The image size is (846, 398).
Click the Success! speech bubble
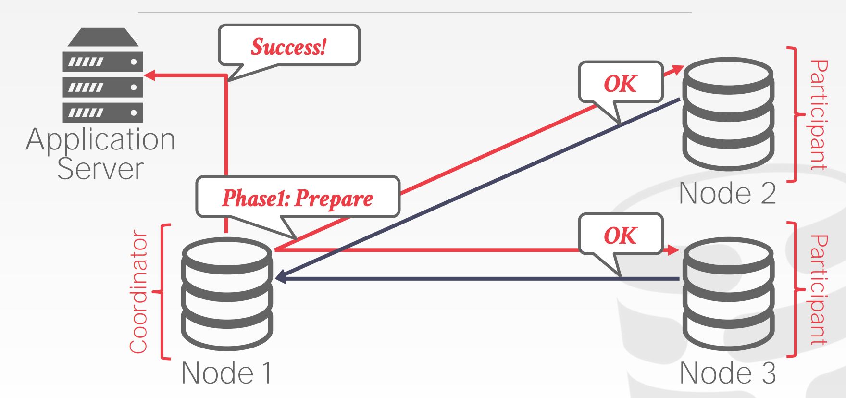289,45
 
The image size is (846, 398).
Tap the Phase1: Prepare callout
298,197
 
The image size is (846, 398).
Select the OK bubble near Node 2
621,82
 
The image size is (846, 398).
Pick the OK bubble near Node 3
621,234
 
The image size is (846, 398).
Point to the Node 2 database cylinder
728,114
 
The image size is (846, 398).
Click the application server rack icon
103,75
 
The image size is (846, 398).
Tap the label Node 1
226,373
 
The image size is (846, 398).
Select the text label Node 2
727,193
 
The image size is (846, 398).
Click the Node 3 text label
727,373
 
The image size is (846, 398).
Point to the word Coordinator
138,291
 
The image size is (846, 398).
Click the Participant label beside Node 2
819,115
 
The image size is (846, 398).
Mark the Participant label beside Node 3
819,290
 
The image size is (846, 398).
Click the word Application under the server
100,140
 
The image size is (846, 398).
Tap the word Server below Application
100,169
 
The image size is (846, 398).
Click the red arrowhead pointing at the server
149,75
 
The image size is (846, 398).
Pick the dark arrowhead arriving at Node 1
281,277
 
